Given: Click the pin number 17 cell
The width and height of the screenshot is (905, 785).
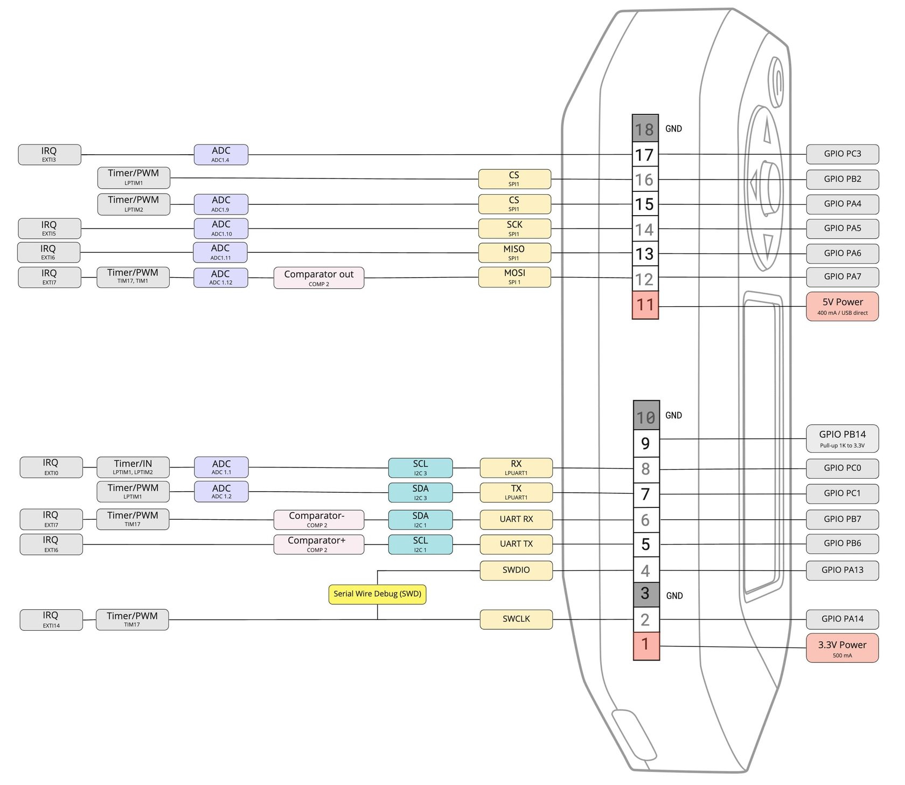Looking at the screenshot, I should pyautogui.click(x=645, y=155).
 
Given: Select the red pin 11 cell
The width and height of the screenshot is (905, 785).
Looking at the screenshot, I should pyautogui.click(x=645, y=305).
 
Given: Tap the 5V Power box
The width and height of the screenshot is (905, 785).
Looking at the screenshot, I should pyautogui.click(x=842, y=306).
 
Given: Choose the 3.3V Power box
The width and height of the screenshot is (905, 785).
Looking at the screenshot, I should pyautogui.click(x=842, y=648).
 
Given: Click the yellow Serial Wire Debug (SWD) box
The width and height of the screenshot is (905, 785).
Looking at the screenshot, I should pyautogui.click(x=377, y=594).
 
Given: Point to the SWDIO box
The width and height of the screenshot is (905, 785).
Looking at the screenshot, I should pyautogui.click(x=516, y=570).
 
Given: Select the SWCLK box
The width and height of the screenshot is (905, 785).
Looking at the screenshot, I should pyautogui.click(x=516, y=619).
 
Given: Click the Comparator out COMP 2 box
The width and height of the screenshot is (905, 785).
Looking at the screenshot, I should pyautogui.click(x=318, y=278).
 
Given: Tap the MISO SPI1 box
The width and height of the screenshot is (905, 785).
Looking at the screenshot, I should pyautogui.click(x=514, y=252).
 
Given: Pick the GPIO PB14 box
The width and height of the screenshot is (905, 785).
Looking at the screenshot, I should pyautogui.click(x=842, y=438).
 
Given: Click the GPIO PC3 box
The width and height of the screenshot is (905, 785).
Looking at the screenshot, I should pyautogui.click(x=842, y=154).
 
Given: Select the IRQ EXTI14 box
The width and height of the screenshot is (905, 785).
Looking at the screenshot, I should pyautogui.click(x=51, y=619).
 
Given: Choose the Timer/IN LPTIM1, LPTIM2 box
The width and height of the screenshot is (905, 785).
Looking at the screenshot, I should pyautogui.click(x=133, y=467).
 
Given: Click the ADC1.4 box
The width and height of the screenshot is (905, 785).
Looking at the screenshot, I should pyautogui.click(x=221, y=154).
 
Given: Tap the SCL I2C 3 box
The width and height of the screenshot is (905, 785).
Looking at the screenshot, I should pyautogui.click(x=420, y=467).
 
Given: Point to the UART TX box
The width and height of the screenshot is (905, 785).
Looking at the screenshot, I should pyautogui.click(x=516, y=544).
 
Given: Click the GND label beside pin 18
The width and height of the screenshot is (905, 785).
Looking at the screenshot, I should pyautogui.click(x=673, y=129).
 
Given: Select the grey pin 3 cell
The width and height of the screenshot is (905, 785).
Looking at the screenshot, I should pyautogui.click(x=645, y=594).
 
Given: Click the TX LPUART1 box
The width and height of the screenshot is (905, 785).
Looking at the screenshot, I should pyautogui.click(x=516, y=492).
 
